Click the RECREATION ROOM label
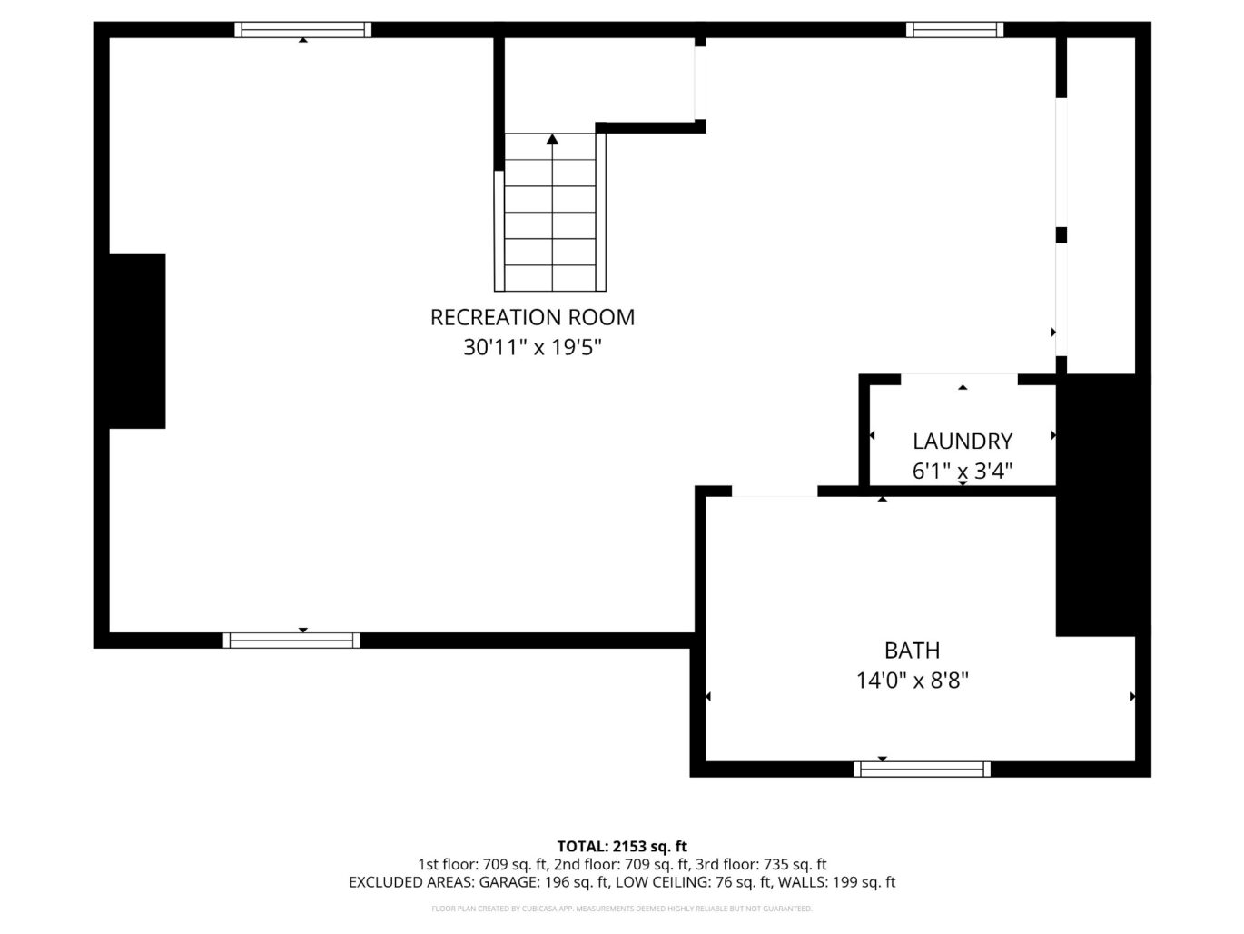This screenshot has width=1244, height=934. tap(532, 318)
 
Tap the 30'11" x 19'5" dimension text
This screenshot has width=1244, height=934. tap(532, 347)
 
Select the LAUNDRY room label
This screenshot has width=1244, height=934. tap(963, 442)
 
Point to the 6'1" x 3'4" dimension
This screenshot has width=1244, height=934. tap(963, 471)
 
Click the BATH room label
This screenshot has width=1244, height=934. tap(912, 651)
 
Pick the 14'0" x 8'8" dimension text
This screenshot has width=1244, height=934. tap(912, 680)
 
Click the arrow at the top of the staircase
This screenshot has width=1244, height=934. tap(552, 139)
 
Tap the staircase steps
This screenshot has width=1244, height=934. tap(550, 212)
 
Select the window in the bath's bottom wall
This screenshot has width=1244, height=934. tap(922, 769)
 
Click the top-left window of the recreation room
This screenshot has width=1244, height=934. tap(303, 29)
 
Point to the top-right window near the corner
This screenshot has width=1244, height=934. tap(955, 29)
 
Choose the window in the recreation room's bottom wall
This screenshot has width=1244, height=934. tap(291, 641)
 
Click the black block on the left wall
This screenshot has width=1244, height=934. tap(137, 342)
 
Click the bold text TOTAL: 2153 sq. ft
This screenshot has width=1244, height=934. tap(622, 847)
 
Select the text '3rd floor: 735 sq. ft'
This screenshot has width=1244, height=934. tap(761, 865)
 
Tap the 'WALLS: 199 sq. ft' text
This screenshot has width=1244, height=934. tap(836, 882)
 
